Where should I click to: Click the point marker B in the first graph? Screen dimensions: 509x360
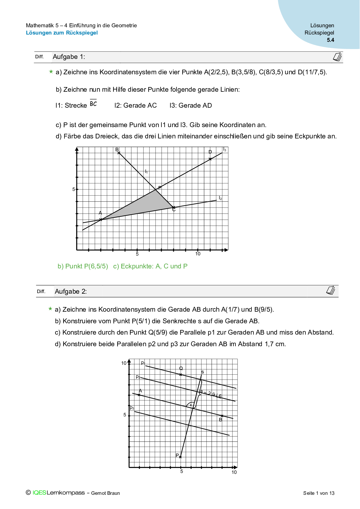(x=119, y=153)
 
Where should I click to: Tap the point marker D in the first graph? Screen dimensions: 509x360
(x=210, y=159)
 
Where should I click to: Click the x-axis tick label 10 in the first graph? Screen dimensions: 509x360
(x=198, y=254)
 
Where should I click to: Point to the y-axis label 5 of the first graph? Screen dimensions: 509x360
(x=74, y=189)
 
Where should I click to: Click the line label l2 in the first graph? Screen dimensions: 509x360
(x=220, y=198)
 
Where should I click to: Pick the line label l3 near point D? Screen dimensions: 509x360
(x=224, y=150)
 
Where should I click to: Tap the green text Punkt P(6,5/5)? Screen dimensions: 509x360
(x=83, y=266)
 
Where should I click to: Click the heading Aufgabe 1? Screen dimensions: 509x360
(x=69, y=57)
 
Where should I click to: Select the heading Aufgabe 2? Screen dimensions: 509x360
(x=71, y=292)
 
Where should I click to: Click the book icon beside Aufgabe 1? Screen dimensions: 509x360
(x=337, y=57)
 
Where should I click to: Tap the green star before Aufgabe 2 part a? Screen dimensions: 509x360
(x=50, y=309)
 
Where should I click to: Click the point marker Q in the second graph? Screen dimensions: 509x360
(x=181, y=375)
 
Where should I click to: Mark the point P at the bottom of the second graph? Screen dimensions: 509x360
(x=180, y=457)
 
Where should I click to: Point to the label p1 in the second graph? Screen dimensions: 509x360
(x=143, y=363)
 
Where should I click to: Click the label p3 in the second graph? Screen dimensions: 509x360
(x=132, y=408)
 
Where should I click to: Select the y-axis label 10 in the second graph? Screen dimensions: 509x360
(x=124, y=363)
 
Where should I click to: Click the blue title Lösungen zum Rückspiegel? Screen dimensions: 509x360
(x=62, y=33)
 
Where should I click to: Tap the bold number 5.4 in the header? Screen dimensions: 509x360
(x=330, y=40)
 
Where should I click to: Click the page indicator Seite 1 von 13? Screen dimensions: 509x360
(x=319, y=493)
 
